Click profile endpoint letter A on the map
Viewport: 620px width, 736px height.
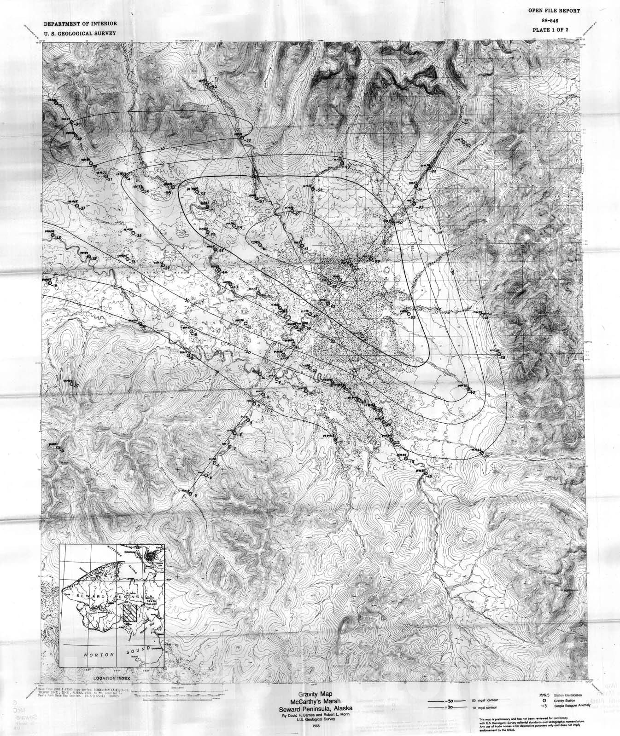(x=184, y=497)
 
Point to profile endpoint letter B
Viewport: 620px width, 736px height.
(x=466, y=121)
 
